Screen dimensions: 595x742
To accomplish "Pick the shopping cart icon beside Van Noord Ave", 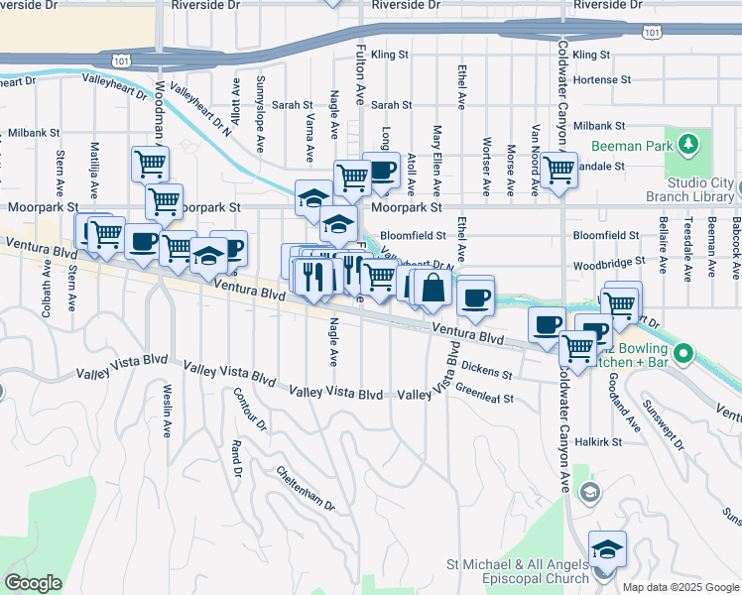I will tap(559, 170).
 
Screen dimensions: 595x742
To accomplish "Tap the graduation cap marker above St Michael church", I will tap(607, 548).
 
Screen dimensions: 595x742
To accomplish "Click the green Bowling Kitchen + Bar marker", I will tap(682, 352).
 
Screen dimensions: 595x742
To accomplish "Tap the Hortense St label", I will tap(602, 79).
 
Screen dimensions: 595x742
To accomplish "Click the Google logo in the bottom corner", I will tap(34, 582).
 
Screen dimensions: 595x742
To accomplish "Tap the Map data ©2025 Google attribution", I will tap(680, 587).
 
